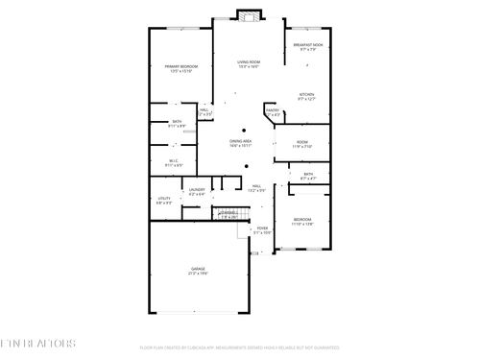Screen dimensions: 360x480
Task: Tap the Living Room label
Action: [250, 62]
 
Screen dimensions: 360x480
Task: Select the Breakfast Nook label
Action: [308, 44]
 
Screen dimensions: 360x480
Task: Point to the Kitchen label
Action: [306, 94]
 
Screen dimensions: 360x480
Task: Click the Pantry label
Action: [273, 110]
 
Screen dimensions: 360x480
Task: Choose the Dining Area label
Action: [241, 141]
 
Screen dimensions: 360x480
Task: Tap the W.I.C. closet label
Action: [175, 160]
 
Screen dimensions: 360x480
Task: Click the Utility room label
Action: [163, 199]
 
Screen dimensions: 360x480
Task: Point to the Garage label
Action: [198, 269]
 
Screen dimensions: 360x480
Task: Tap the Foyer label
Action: [262, 228]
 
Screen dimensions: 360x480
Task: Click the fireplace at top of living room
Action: [250, 15]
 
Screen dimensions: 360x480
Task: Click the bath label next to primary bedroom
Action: [176, 121]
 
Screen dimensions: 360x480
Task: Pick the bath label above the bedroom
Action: [308, 174]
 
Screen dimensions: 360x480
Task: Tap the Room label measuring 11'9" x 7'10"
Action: [301, 143]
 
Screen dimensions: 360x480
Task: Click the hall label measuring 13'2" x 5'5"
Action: [257, 186]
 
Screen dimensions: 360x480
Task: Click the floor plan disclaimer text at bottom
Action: [239, 347]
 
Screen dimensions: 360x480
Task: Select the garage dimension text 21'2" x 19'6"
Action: [198, 274]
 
